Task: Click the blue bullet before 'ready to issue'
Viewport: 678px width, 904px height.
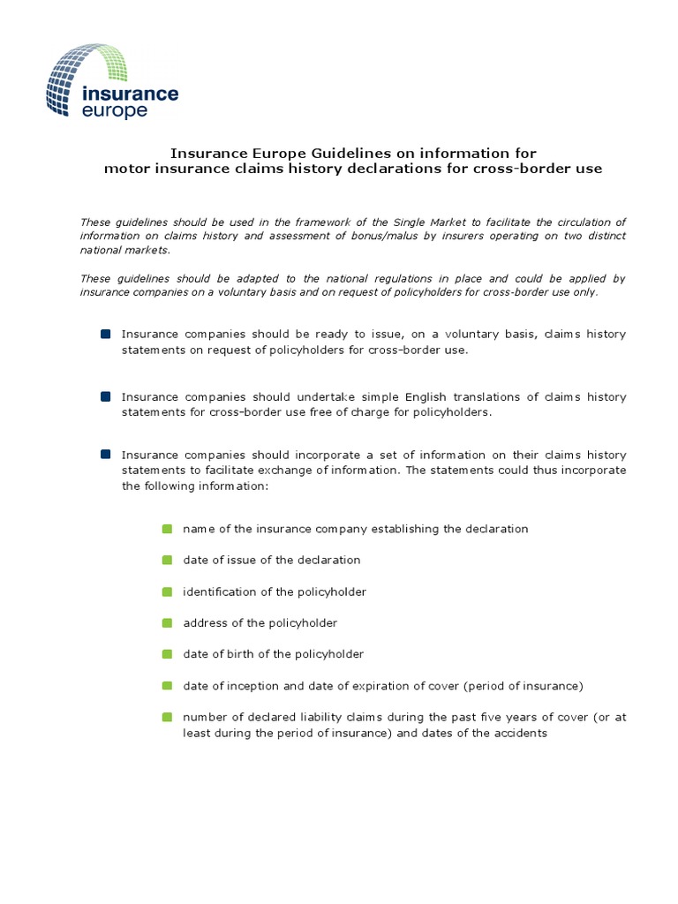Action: tap(106, 334)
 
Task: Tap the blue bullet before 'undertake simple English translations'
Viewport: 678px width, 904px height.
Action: tap(106, 397)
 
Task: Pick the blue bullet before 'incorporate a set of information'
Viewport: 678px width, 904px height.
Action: tap(106, 454)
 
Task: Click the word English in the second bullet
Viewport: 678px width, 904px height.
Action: tap(356, 397)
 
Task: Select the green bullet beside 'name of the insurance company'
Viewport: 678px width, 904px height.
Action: tap(167, 529)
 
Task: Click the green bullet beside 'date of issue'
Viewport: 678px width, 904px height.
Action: tap(167, 560)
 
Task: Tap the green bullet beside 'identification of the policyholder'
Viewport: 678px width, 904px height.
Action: tap(167, 591)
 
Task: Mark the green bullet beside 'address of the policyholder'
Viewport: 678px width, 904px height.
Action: tap(167, 623)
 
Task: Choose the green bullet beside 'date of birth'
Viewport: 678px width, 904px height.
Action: tap(167, 654)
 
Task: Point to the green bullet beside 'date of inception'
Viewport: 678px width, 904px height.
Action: tap(167, 686)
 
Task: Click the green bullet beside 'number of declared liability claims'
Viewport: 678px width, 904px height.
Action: tap(167, 717)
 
